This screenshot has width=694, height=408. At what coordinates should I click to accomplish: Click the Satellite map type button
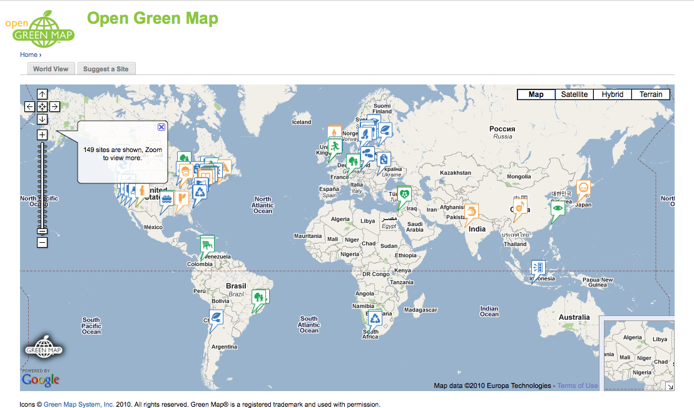coord(574,94)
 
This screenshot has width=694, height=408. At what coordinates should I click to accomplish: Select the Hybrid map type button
coord(612,94)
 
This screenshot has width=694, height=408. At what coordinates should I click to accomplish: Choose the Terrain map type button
coord(650,94)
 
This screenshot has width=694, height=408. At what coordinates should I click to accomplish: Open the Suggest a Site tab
coord(106,69)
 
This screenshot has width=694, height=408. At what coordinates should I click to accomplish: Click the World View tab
coord(51,69)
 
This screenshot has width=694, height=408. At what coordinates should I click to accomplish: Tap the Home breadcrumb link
coord(29,54)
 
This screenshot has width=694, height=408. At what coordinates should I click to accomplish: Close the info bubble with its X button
coord(161,127)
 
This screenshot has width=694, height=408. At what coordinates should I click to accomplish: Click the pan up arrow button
coord(42,94)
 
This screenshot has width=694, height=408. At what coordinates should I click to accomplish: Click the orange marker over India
coord(471,212)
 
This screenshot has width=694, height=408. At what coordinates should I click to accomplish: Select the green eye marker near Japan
coord(557,208)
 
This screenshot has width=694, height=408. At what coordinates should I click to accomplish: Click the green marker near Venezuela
coord(207,244)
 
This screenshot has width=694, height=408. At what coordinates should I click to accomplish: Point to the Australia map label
coord(574,317)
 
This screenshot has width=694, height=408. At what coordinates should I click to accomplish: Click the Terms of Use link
coord(577,385)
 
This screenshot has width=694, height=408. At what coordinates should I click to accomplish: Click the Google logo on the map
coord(41,379)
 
